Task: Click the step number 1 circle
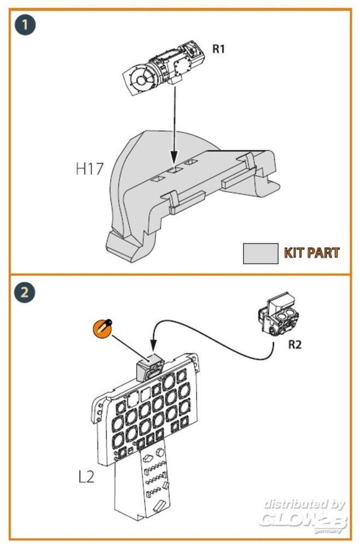click(x=24, y=26)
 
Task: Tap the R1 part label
click(x=218, y=49)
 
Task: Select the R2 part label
click(x=294, y=345)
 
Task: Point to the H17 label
click(x=89, y=169)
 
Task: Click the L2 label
click(x=86, y=476)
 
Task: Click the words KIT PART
click(x=311, y=253)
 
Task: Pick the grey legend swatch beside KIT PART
click(x=260, y=253)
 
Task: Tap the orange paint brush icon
click(x=101, y=328)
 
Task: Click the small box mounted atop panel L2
click(x=149, y=365)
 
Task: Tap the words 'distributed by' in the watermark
click(x=304, y=504)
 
